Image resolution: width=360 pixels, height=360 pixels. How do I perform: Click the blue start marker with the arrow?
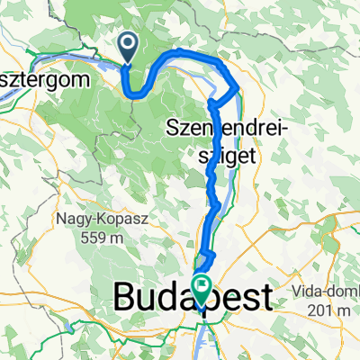[128, 46]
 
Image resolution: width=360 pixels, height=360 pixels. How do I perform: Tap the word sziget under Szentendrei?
[225, 155]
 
